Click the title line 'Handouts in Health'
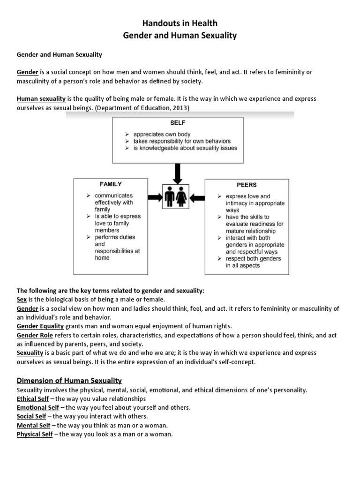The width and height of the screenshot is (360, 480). pyautogui.click(x=180, y=23)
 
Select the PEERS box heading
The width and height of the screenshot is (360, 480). pyautogui.click(x=247, y=185)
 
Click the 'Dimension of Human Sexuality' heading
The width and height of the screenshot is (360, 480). pyautogui.click(x=69, y=380)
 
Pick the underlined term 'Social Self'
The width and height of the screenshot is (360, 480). pyautogui.click(x=31, y=416)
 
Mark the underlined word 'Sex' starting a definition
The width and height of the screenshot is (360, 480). pyautogui.click(x=22, y=299)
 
